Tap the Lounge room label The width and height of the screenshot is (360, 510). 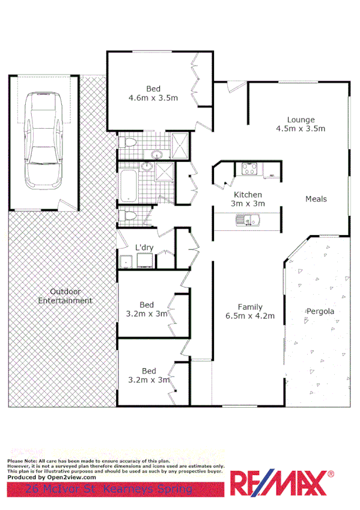[301, 120]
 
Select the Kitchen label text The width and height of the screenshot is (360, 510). [248, 195]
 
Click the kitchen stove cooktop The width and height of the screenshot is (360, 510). [249, 169]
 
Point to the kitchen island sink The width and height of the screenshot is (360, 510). [246, 223]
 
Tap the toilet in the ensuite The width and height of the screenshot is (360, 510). [126, 143]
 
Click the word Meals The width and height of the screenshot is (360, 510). [316, 199]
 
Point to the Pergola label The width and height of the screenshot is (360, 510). [320, 312]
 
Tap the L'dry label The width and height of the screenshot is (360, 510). [144, 247]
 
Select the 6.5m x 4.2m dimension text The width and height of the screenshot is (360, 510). [250, 316]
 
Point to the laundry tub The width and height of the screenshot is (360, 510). [126, 261]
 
